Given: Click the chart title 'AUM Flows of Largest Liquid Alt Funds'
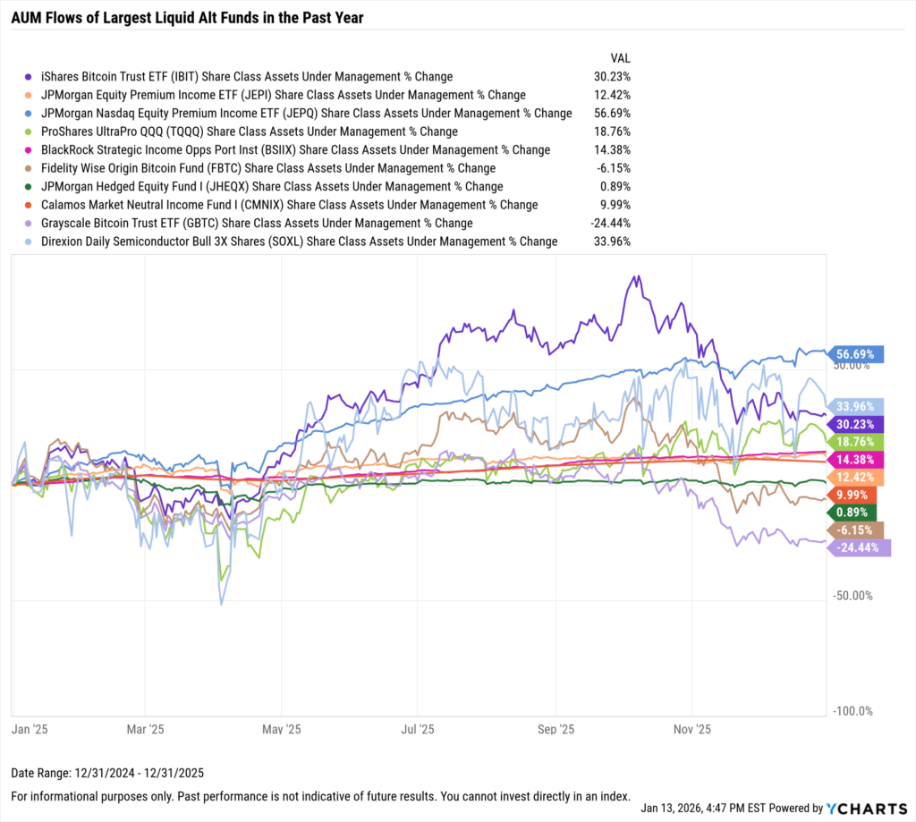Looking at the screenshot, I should point(187,18).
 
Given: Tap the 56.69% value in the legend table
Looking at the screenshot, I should point(612,114).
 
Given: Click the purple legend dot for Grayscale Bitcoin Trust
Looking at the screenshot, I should point(30,224).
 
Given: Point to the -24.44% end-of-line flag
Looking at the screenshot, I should point(861,548).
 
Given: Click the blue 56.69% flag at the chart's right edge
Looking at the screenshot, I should point(856,354).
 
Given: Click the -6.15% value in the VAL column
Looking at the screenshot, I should point(614,168).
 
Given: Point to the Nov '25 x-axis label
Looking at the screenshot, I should point(691,729).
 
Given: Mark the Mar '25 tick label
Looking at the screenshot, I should point(146,729).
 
